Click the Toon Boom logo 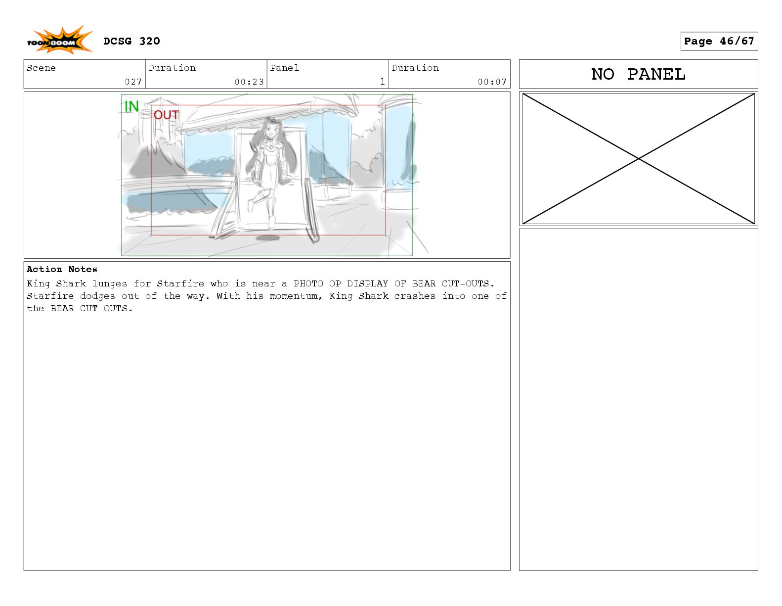click(60, 40)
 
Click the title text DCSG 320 click(131, 41)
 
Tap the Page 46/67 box click(719, 41)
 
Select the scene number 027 click(133, 82)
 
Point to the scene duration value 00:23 click(249, 82)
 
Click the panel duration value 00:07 click(492, 82)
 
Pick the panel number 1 click(383, 82)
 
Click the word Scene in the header click(41, 68)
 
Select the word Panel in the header click(284, 68)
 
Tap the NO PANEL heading click(638, 74)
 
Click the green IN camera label click(131, 106)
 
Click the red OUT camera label click(166, 115)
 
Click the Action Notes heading click(62, 269)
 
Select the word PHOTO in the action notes click(308, 284)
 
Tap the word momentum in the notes click(294, 296)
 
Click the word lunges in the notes click(109, 284)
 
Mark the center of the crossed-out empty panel click(638, 158)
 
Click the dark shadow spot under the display click(267, 237)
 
